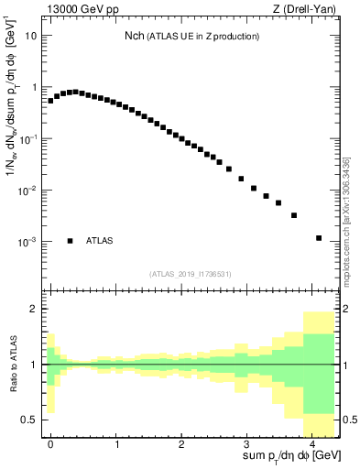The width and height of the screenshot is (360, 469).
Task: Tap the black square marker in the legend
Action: pyautogui.click(x=71, y=241)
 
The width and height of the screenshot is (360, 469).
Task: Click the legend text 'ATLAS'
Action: pyautogui.click(x=100, y=241)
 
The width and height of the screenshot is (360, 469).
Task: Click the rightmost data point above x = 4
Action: pyautogui.click(x=319, y=238)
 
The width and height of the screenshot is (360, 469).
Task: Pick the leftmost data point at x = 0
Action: pyautogui.click(x=50, y=101)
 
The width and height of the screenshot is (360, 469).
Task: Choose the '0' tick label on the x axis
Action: pyautogui.click(x=50, y=443)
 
